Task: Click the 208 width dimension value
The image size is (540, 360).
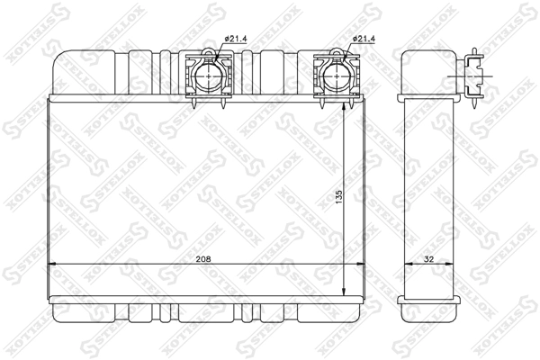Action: coord(203,259)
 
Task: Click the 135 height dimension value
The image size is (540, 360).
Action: coord(339,197)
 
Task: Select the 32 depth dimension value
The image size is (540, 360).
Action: coord(428,259)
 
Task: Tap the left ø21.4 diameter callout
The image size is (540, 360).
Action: coord(236,39)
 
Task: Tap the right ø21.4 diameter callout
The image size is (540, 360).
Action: coord(364,39)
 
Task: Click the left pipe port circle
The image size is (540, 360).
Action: coord(209,76)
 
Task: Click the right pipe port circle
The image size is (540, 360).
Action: coord(337,76)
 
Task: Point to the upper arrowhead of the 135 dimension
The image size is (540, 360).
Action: coord(344,107)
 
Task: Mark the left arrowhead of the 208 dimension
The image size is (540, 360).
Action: coord(51,264)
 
